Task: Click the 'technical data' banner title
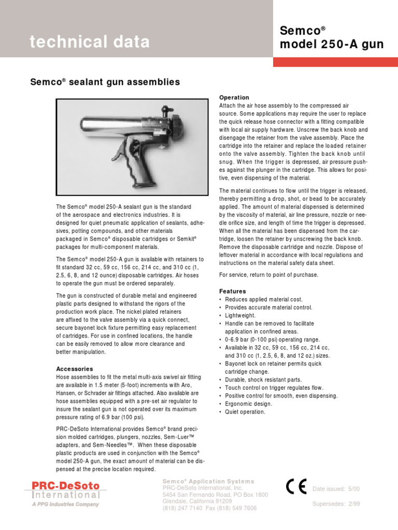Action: tap(90, 42)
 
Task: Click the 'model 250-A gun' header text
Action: tap(332, 45)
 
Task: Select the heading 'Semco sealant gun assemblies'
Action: tap(107, 82)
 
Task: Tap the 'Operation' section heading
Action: tap(234, 97)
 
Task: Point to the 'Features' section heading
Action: tap(233, 291)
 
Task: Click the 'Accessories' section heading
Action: tap(75, 369)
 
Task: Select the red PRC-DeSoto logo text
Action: tap(66, 486)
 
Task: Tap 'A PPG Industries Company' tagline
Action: tap(66, 504)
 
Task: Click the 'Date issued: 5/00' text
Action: tap(336, 489)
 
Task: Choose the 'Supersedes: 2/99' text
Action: tap(336, 504)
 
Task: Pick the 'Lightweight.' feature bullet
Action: tap(240, 315)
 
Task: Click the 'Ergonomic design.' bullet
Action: tap(247, 404)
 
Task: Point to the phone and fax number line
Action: tap(210, 508)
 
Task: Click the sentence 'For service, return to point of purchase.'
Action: tap(269, 275)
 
